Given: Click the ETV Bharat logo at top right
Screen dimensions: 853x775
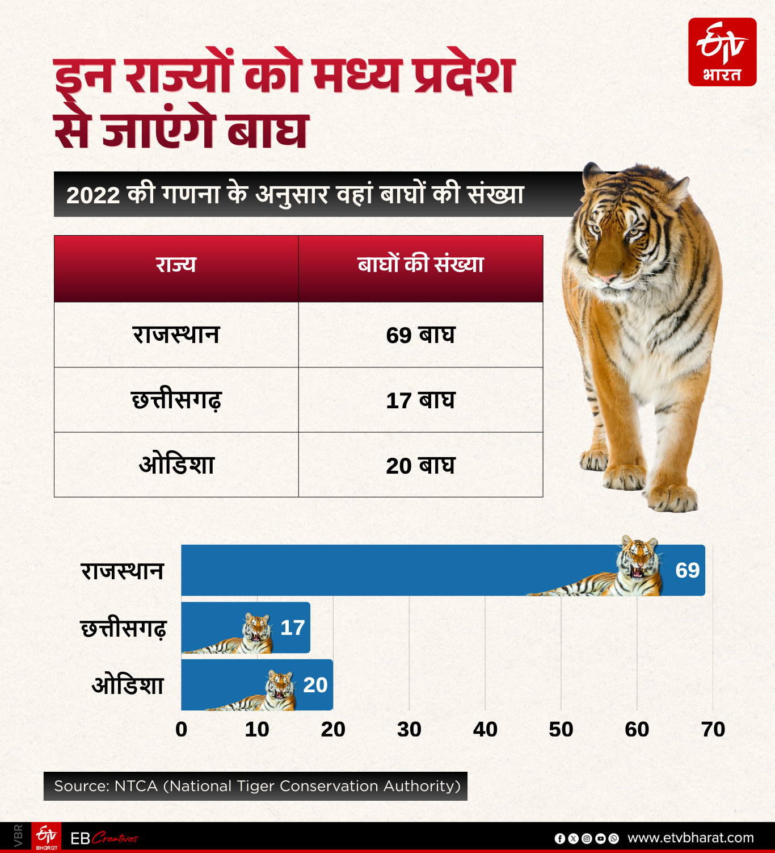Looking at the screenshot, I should (x=722, y=52).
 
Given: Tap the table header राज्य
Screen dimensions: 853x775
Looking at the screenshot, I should (x=176, y=265).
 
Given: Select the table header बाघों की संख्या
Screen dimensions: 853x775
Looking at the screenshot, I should (x=420, y=265).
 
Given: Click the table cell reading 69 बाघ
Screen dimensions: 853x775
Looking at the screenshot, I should (x=420, y=335).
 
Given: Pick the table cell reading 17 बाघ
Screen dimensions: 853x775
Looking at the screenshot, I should (x=420, y=400).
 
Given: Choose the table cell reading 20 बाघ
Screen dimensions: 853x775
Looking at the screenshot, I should (x=420, y=466).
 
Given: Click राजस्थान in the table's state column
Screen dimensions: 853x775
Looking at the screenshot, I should (x=176, y=334).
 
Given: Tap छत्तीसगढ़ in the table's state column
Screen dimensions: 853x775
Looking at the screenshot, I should (x=176, y=400).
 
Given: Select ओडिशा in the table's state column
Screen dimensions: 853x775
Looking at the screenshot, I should (x=176, y=465).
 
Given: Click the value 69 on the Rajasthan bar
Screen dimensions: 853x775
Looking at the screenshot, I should (x=687, y=570).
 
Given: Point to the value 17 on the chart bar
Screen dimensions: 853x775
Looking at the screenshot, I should (x=293, y=628).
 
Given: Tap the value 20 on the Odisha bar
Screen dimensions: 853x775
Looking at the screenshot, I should (x=315, y=685).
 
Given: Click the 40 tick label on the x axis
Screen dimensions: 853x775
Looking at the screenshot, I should (x=485, y=729).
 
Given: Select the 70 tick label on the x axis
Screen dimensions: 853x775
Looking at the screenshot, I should (x=713, y=729).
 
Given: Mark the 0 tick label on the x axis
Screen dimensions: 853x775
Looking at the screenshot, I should (x=182, y=729).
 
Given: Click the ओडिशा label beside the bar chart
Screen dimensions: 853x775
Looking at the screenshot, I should (x=128, y=685).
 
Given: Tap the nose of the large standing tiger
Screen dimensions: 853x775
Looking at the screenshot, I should (x=606, y=278).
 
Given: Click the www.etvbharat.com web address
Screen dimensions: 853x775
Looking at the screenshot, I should (x=690, y=838).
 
